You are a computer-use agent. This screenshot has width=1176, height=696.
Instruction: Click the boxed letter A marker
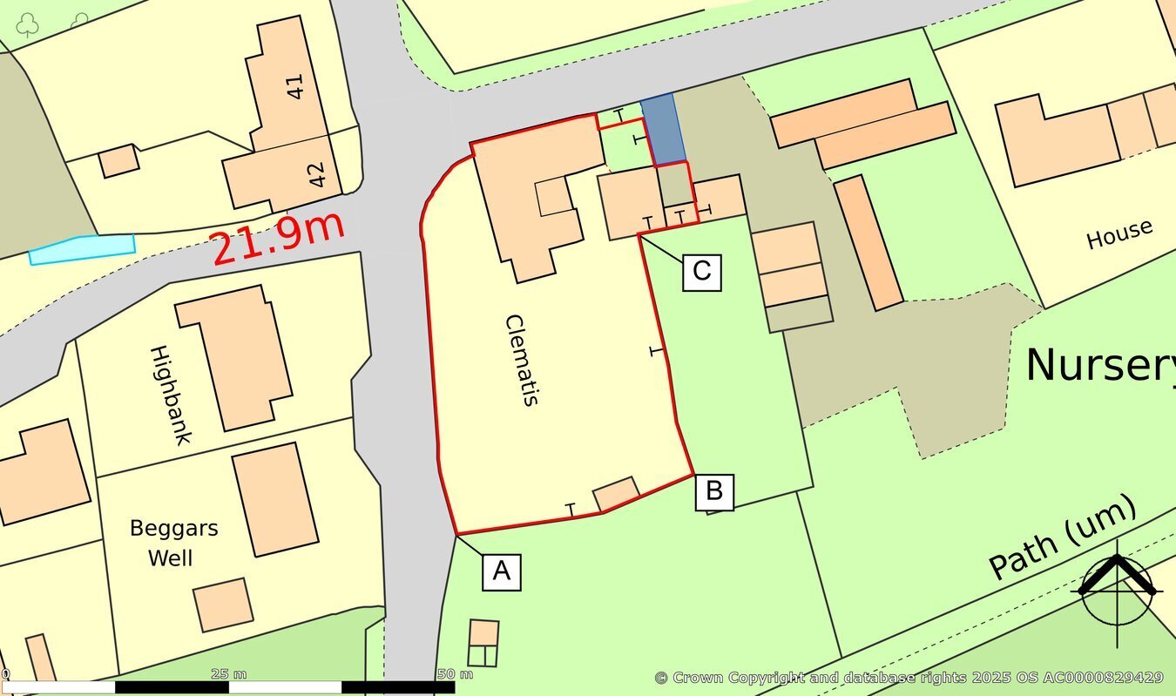click(x=501, y=571)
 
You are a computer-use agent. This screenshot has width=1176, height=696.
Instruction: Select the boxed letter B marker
click(x=713, y=491)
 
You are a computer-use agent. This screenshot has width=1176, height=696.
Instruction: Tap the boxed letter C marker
click(x=701, y=272)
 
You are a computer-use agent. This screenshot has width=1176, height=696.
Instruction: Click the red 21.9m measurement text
click(x=278, y=238)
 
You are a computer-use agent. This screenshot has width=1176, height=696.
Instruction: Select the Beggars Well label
click(x=173, y=542)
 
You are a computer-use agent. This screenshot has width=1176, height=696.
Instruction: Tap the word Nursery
click(x=1099, y=365)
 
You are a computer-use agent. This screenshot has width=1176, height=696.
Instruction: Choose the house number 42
click(x=315, y=174)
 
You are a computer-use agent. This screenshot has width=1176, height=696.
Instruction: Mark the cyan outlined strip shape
click(x=83, y=248)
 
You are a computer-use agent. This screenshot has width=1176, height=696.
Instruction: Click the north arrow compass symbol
click(x=1117, y=589)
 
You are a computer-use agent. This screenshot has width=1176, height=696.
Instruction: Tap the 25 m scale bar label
click(x=229, y=674)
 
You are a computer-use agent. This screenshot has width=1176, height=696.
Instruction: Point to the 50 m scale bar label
click(x=455, y=674)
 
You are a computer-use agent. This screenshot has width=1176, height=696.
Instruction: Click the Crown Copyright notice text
click(x=909, y=678)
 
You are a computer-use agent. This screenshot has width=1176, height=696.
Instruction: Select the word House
click(x=1119, y=234)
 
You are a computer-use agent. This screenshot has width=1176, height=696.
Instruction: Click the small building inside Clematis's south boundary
click(x=617, y=493)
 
